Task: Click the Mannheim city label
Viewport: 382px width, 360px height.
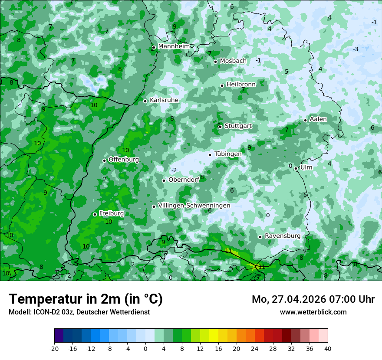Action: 174,46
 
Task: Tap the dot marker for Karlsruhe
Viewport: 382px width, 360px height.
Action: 145,101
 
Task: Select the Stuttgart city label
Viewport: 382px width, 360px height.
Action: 238,126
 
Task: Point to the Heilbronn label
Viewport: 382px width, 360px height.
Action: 241,85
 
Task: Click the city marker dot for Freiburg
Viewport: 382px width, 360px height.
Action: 95,214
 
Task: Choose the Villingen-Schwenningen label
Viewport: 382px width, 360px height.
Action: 194,206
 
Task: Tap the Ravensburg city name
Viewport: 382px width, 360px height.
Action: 282,236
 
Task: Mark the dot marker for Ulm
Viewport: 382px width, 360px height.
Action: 296,168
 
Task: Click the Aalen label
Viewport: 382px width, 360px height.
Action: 318,119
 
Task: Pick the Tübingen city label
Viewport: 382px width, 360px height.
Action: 228,154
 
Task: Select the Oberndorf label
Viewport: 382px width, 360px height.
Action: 184,180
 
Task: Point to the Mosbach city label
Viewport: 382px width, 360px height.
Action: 233,61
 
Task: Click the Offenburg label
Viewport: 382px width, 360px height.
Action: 124,160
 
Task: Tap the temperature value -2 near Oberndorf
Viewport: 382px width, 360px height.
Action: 174,170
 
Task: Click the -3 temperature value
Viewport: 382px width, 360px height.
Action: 356,49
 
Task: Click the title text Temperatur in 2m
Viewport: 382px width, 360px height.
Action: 86,299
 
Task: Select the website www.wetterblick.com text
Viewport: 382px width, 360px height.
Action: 313,312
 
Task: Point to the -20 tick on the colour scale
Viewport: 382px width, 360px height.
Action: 54,348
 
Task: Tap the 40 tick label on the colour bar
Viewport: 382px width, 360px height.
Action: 328,348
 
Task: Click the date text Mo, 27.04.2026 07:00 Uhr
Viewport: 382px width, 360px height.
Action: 313,299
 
